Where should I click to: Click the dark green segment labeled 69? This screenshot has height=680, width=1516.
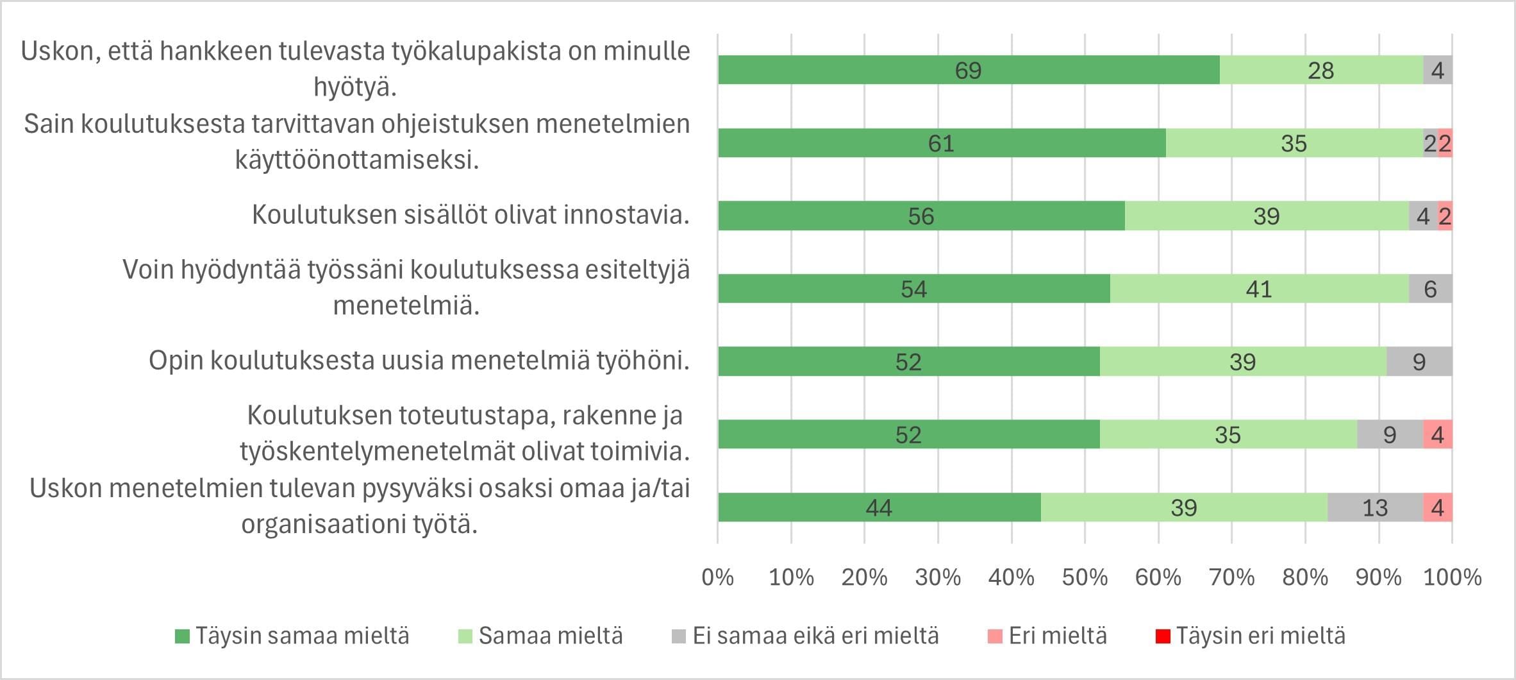pos(968,70)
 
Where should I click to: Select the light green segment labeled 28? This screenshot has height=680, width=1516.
pos(1320,70)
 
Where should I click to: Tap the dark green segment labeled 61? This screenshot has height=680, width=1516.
pos(941,143)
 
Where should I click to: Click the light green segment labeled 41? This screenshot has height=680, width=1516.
pos(1259,289)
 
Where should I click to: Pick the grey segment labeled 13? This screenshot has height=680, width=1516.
pos(1374,507)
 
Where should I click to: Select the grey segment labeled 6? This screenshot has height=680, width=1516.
pos(1430,289)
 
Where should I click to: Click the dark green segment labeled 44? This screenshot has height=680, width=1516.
pos(878,507)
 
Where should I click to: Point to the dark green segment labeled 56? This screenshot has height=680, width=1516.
pos(920,216)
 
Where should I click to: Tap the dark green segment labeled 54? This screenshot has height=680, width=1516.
pos(913,289)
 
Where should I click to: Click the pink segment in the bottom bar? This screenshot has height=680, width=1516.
pos(1437,507)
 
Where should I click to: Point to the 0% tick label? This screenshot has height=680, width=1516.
pos(717,577)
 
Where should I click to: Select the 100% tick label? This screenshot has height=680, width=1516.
pos(1452,577)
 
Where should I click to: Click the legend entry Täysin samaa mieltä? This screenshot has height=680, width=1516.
pos(301,636)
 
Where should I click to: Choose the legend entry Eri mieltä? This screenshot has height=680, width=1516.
pos(1057,636)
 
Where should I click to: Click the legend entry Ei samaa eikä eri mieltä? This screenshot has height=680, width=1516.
pos(815,636)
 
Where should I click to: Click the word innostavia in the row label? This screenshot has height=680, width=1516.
pos(626,215)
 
